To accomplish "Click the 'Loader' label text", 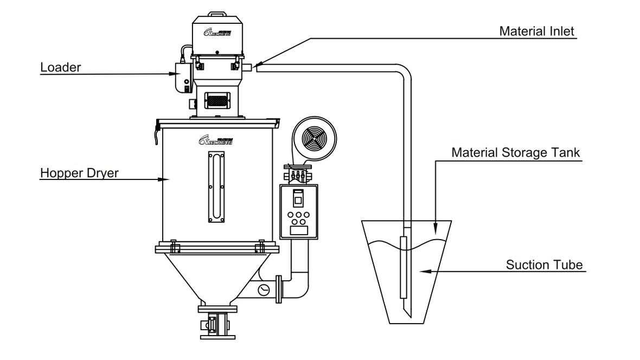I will point(60,67).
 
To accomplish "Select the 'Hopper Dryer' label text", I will point(79,173).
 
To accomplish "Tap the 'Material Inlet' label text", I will point(536,31).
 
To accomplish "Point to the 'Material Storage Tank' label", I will point(516,153).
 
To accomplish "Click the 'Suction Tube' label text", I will point(544,265).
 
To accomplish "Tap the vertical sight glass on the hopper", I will point(216,188).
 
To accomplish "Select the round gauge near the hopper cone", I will point(264,290).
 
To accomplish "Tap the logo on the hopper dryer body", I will point(216,142).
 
